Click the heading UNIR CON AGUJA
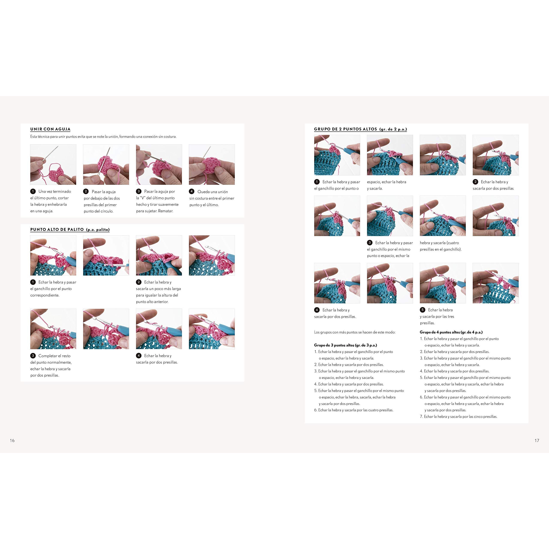point(50,129)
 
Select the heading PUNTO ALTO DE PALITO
point(57,229)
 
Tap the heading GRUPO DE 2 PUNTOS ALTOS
point(345,129)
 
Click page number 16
point(12,440)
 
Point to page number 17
point(537,440)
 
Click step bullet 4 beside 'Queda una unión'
point(192,191)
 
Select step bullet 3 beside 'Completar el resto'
point(33,356)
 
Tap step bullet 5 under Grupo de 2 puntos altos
point(422,310)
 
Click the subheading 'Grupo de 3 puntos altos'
point(345,345)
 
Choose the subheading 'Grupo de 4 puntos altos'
point(451,332)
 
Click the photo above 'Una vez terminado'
point(53,164)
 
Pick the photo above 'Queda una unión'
point(212,164)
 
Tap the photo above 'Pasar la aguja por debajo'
point(106,164)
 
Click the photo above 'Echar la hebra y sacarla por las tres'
point(443,283)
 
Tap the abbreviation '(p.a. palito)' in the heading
point(98,230)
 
